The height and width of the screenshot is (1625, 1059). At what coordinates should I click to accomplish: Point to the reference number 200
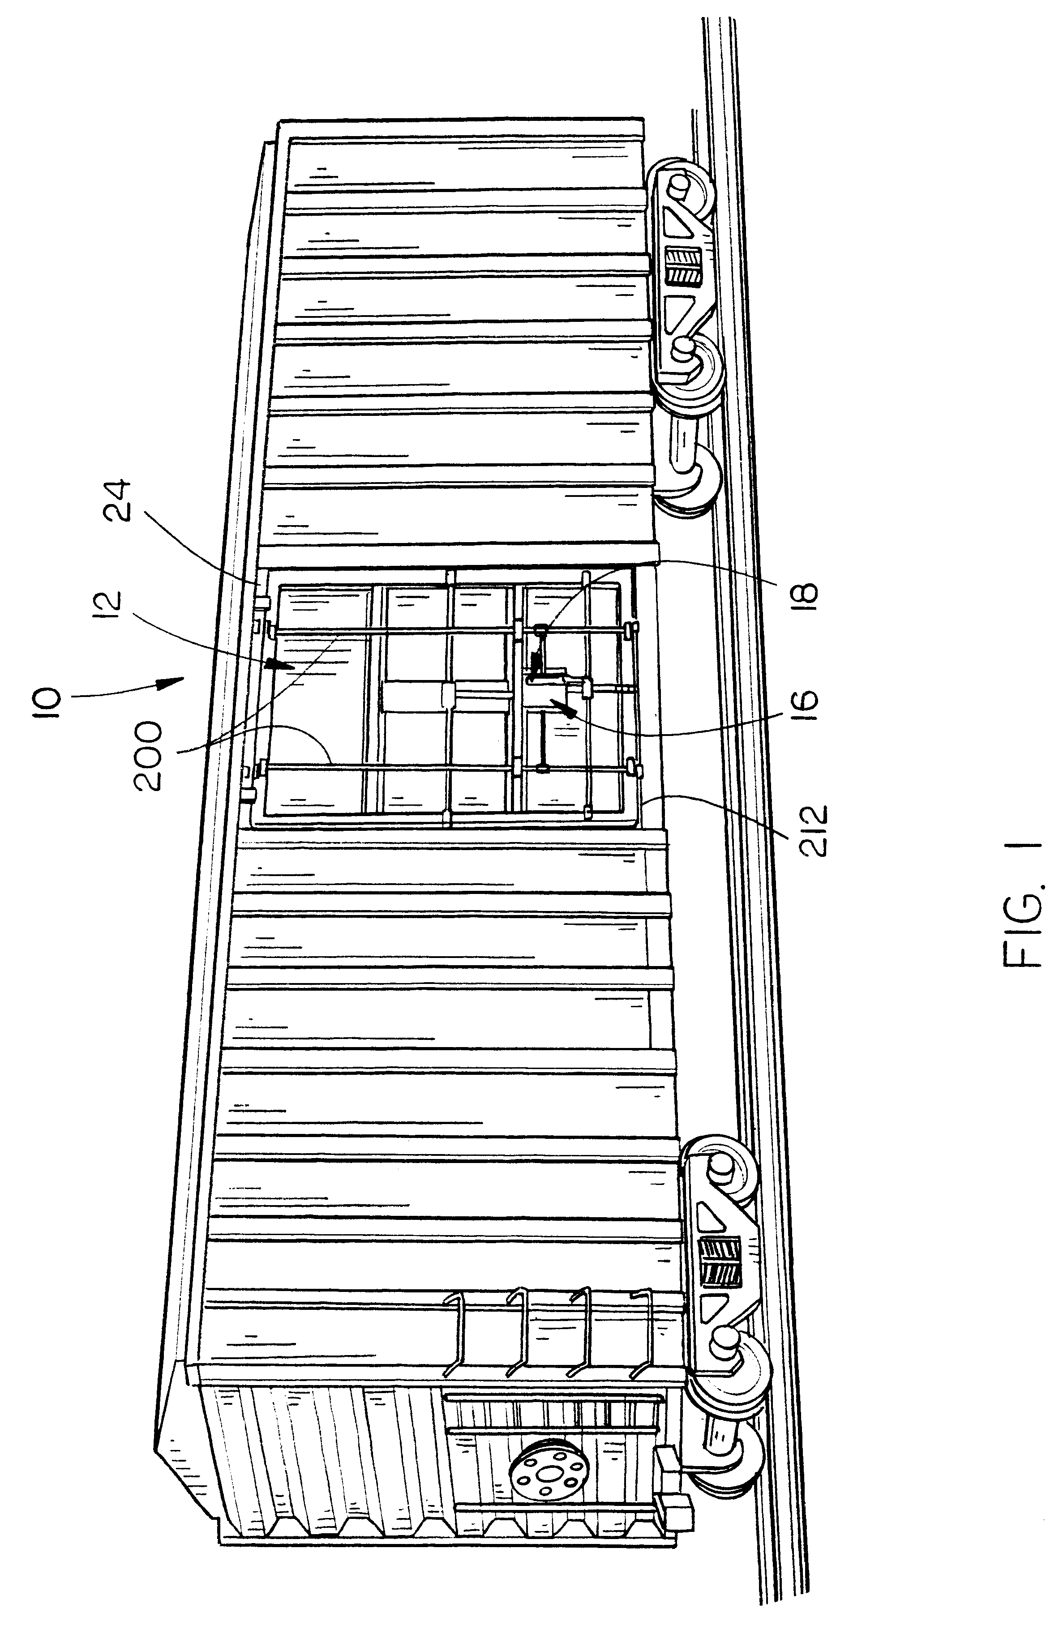point(148,758)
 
